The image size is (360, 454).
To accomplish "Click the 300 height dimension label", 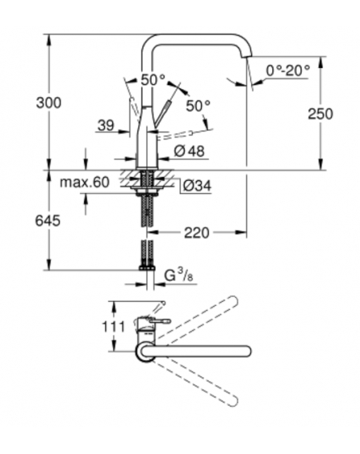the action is point(49,102).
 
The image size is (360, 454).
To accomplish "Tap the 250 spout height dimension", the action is point(320,114).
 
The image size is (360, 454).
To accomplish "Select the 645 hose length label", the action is point(48,221).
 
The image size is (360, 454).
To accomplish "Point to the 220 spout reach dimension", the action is point(197,233).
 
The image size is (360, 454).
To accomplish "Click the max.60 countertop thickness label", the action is point(85,183).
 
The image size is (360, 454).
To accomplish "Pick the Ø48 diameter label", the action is point(190,151).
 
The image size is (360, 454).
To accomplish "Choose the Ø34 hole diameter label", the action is point(198,186).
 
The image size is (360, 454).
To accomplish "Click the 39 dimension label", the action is point(106,126).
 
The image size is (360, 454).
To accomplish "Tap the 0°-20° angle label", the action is point(288,70).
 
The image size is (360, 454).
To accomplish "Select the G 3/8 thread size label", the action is point(178,276).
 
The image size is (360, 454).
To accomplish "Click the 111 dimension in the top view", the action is point(114,327).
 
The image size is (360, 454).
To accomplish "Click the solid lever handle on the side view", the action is point(162,114).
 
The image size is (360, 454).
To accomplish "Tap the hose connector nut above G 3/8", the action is point(147,267).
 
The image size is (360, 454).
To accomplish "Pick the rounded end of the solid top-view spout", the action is point(246,351).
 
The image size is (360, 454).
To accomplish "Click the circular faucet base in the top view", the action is point(146,351).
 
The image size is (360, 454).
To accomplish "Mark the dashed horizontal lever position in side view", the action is point(174,135).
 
